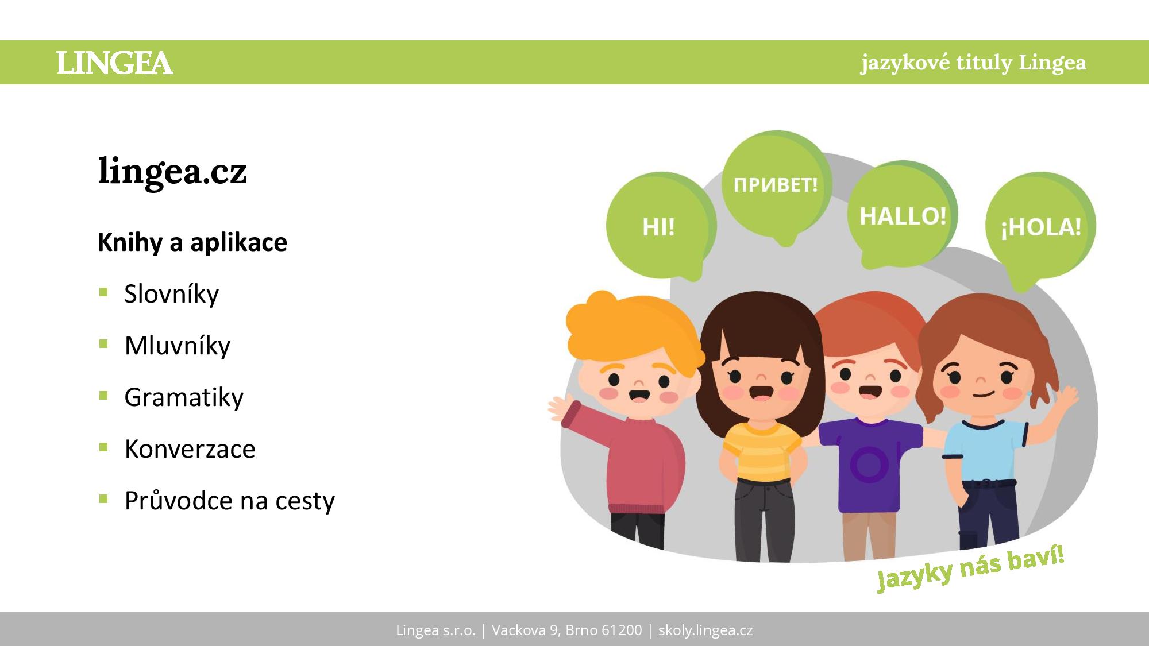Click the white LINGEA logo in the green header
115,63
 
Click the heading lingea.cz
172,171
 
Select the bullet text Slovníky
171,294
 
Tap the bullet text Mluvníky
177,346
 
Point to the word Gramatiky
184,397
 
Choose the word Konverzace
190,449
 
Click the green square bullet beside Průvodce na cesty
103,499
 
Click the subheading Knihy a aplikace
192,242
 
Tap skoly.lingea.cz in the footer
705,630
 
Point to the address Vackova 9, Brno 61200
566,630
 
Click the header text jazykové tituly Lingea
973,63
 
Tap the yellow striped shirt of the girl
761,451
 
